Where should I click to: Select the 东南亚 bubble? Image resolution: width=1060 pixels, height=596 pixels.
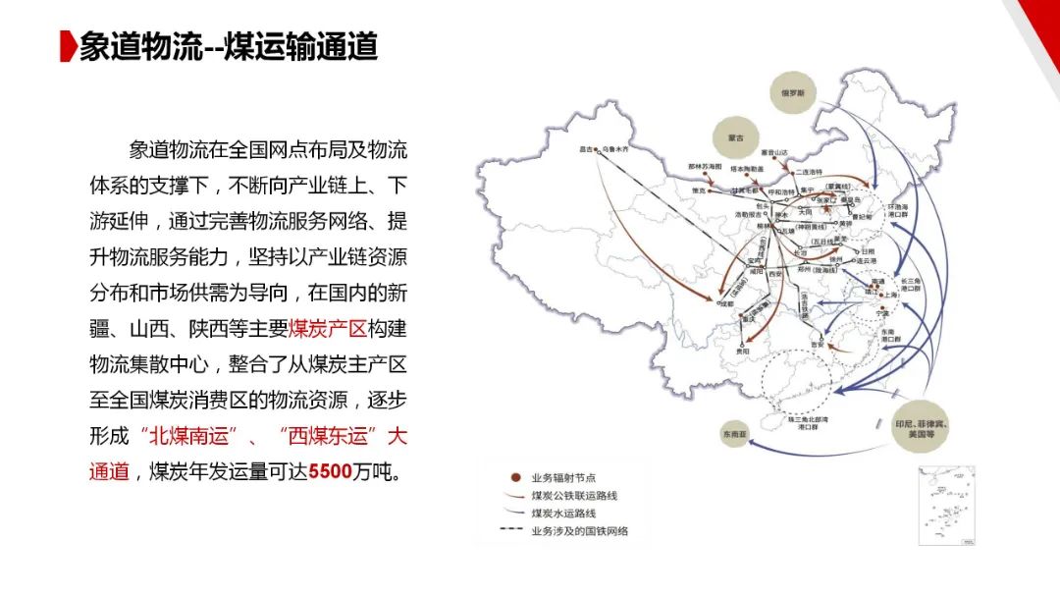[732, 433]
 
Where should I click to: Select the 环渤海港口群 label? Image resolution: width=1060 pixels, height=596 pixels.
[897, 211]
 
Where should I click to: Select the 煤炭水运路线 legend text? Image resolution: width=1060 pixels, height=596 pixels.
[563, 513]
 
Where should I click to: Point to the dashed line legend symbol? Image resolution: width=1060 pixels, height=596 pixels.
[511, 531]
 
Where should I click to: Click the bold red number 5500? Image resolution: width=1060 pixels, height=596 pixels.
[330, 472]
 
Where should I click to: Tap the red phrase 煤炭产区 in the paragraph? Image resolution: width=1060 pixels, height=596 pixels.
[332, 329]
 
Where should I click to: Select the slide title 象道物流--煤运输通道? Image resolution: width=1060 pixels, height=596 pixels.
[229, 47]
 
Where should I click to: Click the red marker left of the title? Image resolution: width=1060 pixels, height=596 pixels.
[68, 47]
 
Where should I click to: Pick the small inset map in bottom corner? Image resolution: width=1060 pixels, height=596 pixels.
[945, 505]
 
